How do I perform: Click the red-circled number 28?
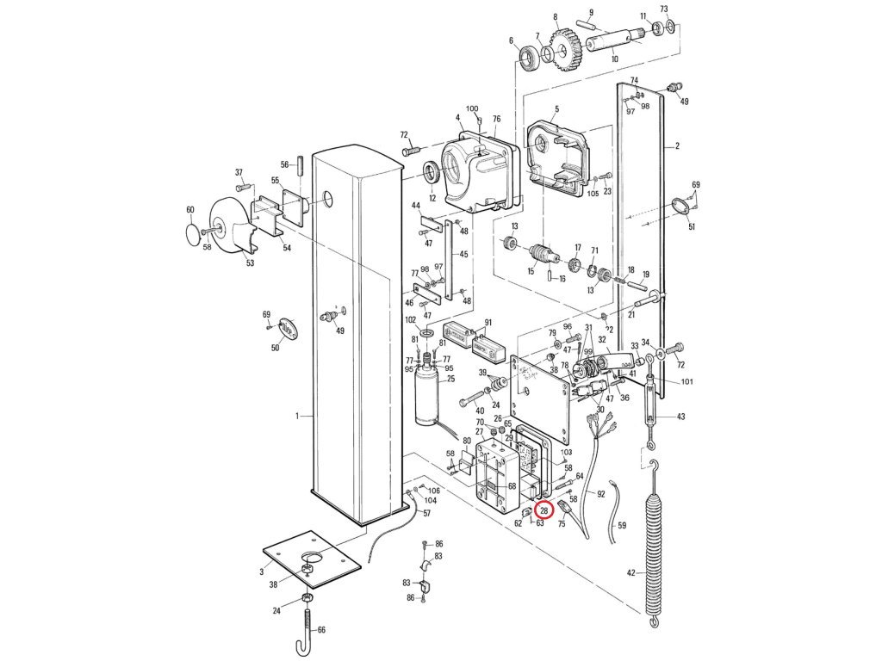coord(544,511)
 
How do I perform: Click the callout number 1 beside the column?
coord(297,416)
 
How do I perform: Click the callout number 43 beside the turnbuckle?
coord(680,417)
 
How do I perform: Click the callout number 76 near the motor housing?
coord(496,119)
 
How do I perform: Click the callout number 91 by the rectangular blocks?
coord(488,324)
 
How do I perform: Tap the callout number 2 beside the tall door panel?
coord(677,146)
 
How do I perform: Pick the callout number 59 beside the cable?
coord(623,524)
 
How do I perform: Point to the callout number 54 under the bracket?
coord(287,248)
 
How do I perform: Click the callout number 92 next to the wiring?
coord(601,494)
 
